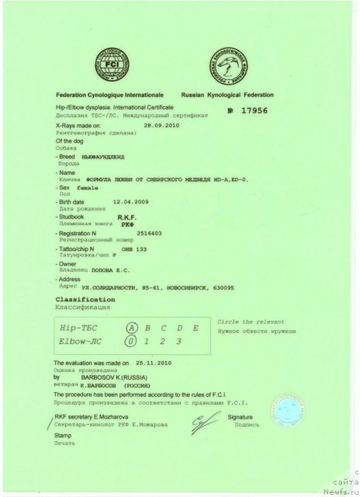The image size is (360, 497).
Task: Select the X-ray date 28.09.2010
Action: [161, 124]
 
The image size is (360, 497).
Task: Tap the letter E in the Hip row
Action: [196, 328]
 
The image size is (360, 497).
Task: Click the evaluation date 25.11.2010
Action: [151, 363]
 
